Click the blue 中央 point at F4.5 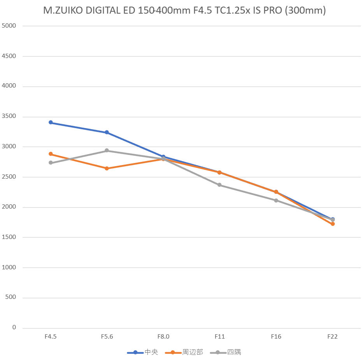coord(51,123)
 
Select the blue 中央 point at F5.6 coord(107,132)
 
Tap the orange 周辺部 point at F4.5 coord(51,154)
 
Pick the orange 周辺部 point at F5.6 coord(107,169)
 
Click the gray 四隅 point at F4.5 coord(51,163)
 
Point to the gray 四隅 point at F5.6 coord(107,151)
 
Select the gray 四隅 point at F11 coord(220,185)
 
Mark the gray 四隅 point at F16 coord(276,200)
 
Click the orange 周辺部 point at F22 coord(332,224)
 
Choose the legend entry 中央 coord(151,352)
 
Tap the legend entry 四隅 coord(234,352)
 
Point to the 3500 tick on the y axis coord(9,116)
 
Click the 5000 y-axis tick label coord(9,26)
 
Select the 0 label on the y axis coord(14,328)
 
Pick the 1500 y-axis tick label coord(9,237)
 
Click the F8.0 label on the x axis coord(163,337)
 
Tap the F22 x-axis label coord(332,337)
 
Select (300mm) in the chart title coord(305,11)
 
